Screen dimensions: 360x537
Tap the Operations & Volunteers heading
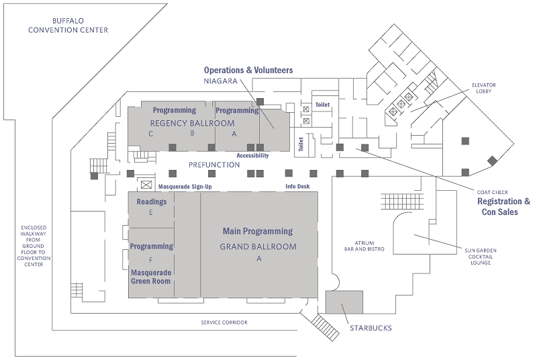[x=248, y=70]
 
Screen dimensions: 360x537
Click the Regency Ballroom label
[x=192, y=123]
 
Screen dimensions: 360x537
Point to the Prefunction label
[x=214, y=165]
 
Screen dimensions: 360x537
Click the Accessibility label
[x=252, y=155]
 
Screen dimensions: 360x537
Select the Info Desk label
[x=297, y=186]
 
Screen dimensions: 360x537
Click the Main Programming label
[x=258, y=231]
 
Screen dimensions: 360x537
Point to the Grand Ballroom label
[x=258, y=246]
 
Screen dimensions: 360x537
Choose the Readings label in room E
[x=152, y=201]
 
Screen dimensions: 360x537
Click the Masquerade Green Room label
[x=151, y=276]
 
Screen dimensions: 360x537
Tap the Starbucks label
[x=371, y=328]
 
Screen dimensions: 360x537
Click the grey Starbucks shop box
[x=344, y=302]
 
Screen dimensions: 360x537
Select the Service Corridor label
[x=224, y=322]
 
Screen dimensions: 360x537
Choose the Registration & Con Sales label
[x=503, y=206]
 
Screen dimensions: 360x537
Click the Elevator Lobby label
[x=483, y=88]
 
